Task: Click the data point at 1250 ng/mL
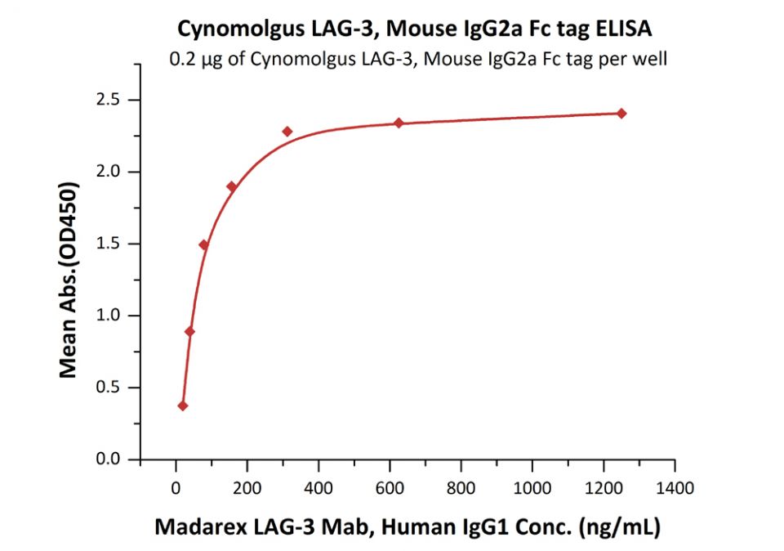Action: (621, 114)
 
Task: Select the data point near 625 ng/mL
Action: (399, 123)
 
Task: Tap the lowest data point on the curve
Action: (183, 405)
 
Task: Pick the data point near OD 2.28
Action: (287, 131)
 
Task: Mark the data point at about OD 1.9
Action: (232, 186)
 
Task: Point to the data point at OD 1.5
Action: (204, 244)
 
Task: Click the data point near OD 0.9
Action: (190, 331)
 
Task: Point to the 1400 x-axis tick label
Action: (675, 489)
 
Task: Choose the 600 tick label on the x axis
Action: (390, 489)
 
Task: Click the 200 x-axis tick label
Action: (247, 489)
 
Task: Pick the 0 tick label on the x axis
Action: (176, 489)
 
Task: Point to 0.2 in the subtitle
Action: (180, 59)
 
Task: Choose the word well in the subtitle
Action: (651, 59)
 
